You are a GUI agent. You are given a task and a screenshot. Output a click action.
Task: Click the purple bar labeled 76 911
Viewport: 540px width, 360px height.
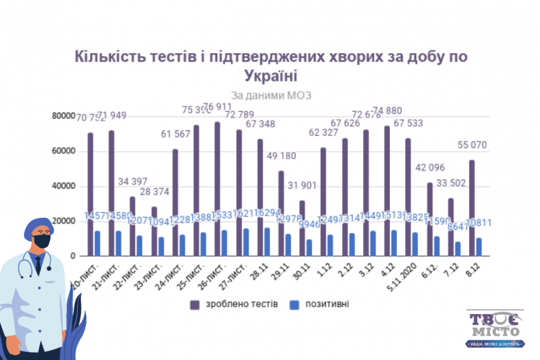217,189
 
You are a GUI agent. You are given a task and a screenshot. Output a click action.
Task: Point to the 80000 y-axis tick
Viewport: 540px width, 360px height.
64,116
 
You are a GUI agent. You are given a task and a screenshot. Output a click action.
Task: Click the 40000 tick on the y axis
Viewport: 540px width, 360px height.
64,186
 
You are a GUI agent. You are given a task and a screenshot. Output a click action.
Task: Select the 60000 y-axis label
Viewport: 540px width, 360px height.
64,151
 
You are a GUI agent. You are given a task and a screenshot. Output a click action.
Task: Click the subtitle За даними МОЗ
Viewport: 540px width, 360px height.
270,95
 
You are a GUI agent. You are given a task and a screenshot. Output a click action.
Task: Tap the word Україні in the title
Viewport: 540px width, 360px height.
270,76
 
